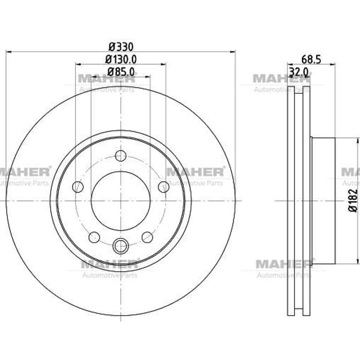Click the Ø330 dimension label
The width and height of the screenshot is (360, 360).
[x=121, y=47]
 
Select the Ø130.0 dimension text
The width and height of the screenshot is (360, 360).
[x=121, y=59]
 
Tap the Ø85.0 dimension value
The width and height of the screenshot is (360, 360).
[x=121, y=72]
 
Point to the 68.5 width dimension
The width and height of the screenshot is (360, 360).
[x=311, y=59]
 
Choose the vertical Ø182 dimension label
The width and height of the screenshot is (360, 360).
[x=353, y=200]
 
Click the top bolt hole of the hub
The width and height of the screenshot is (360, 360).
[x=121, y=156]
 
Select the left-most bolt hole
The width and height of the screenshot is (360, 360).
[x=77, y=187]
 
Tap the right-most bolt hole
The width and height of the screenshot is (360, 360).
[x=164, y=187]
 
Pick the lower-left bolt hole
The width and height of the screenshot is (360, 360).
[x=94, y=237]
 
